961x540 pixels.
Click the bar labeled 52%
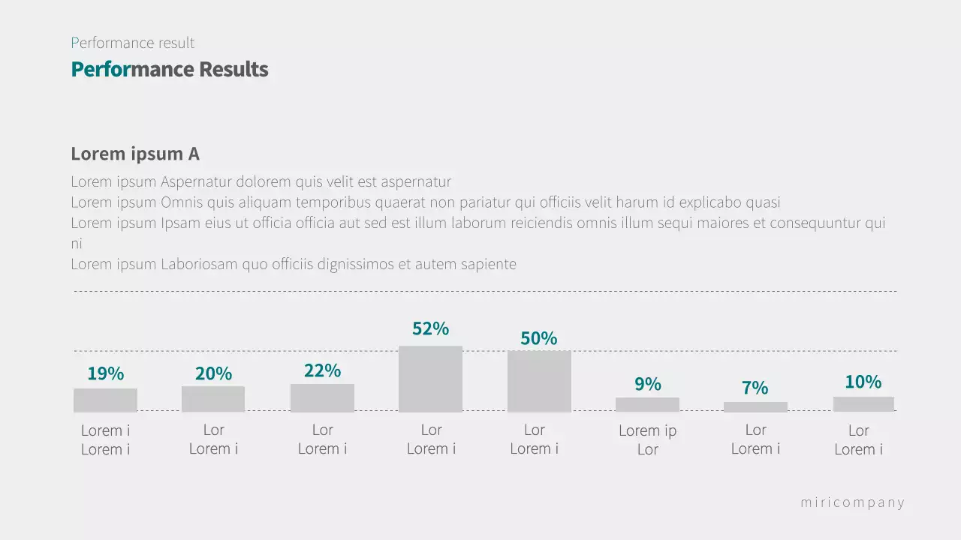coord(430,379)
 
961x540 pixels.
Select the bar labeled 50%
coord(539,381)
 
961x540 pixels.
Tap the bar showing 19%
coord(105,400)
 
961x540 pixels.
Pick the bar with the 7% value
coord(755,406)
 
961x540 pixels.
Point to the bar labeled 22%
coord(322,397)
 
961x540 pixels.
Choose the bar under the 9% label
coord(647,404)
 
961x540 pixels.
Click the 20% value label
coord(213,373)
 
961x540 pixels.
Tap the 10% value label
coord(863,382)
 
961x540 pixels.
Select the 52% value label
coord(430,328)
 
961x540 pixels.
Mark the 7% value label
coord(755,388)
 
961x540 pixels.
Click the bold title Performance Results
coord(170,70)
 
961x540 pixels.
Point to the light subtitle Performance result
coord(133,43)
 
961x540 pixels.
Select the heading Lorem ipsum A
coord(135,154)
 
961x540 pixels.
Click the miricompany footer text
coord(852,502)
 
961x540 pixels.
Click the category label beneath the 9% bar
coord(647,440)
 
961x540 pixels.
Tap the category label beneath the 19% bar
coord(105,440)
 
